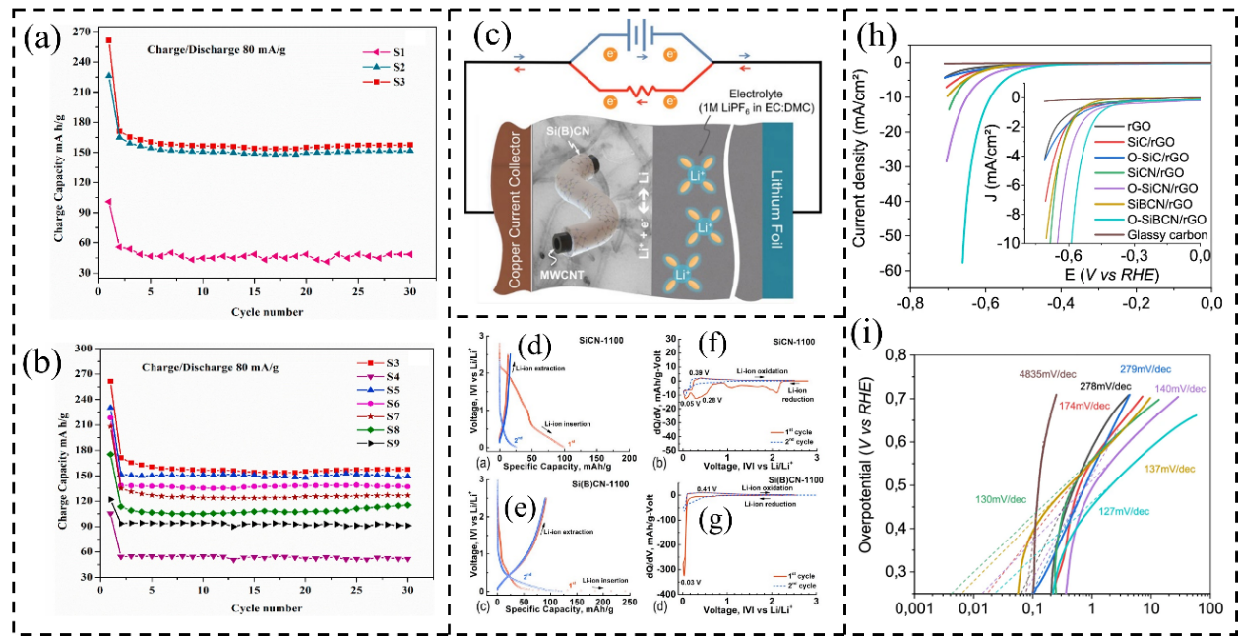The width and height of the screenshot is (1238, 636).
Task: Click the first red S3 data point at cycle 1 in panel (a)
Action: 108,40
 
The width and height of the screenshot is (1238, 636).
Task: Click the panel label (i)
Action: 876,345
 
